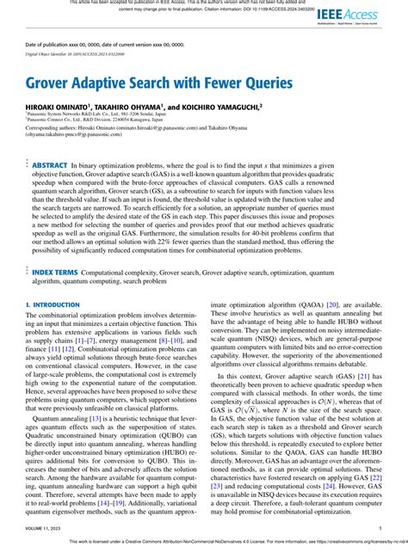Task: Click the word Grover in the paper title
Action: click(x=56, y=86)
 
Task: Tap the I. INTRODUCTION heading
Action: click(x=52, y=305)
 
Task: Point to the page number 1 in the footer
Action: click(x=380, y=528)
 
